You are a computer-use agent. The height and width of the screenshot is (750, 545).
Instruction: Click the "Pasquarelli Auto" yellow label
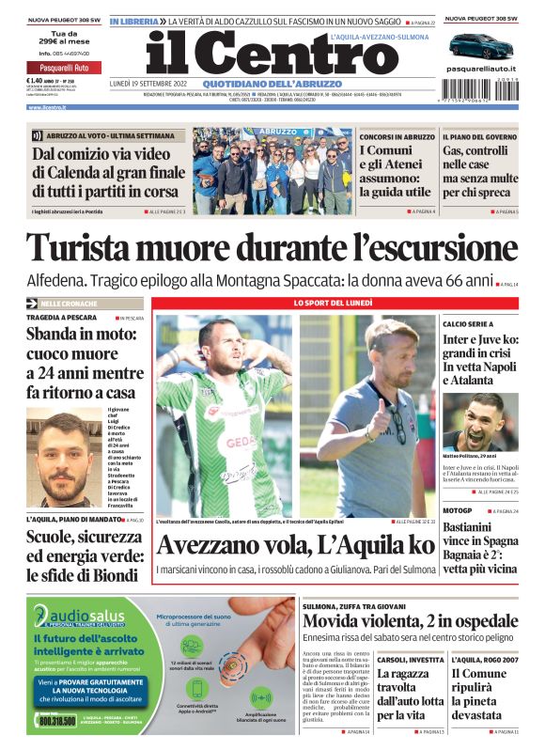click(58, 68)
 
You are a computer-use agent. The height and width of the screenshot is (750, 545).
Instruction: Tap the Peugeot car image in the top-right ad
click(481, 46)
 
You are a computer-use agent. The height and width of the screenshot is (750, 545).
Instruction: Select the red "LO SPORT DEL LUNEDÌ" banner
click(335, 304)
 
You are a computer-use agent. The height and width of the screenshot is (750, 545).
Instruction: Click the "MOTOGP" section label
click(458, 510)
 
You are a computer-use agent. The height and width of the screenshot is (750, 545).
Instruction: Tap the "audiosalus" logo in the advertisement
click(78, 617)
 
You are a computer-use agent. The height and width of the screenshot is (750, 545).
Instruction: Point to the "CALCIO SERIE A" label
click(468, 323)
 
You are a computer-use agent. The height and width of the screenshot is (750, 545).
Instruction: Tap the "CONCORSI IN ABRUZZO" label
click(397, 136)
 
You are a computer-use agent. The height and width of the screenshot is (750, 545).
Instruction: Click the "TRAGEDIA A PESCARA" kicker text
click(62, 318)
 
